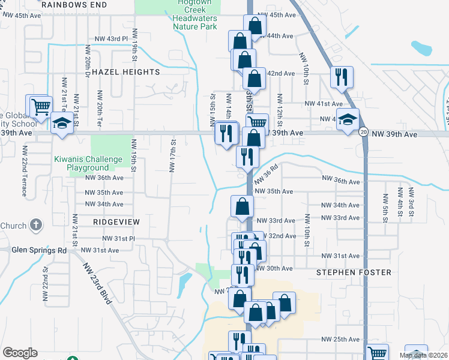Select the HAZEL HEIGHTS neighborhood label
click(x=126, y=72)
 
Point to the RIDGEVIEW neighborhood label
click(x=116, y=222)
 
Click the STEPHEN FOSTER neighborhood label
click(x=354, y=272)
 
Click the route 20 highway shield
click(x=364, y=133)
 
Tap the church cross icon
click(x=36, y=226)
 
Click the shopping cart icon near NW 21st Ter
click(x=40, y=107)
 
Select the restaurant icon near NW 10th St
click(x=342, y=77)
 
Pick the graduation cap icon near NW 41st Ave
click(x=348, y=118)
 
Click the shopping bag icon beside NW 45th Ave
click(x=255, y=26)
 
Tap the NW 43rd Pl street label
click(x=112, y=39)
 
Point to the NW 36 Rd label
click(x=267, y=176)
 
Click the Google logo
click(x=20, y=353)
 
